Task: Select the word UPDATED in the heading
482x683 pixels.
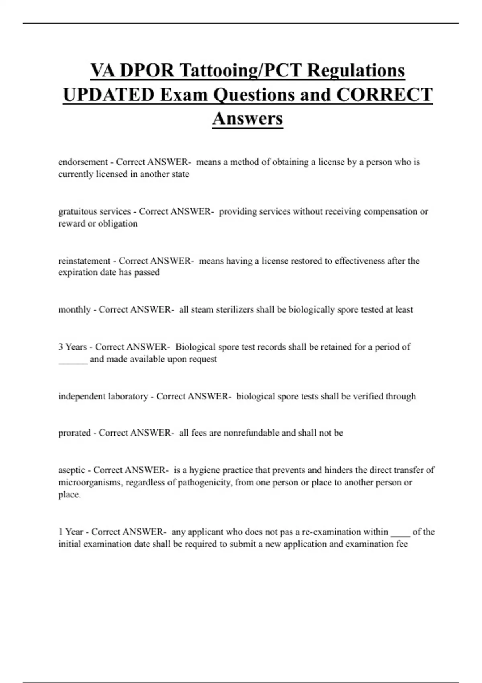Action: [109, 95]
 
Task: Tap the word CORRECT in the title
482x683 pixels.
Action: [384, 95]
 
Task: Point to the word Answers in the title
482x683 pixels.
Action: [247, 118]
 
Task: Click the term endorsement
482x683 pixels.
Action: [83, 162]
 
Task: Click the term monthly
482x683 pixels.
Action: [74, 310]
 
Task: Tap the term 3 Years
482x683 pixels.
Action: [72, 347]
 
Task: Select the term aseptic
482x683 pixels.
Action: [71, 470]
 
